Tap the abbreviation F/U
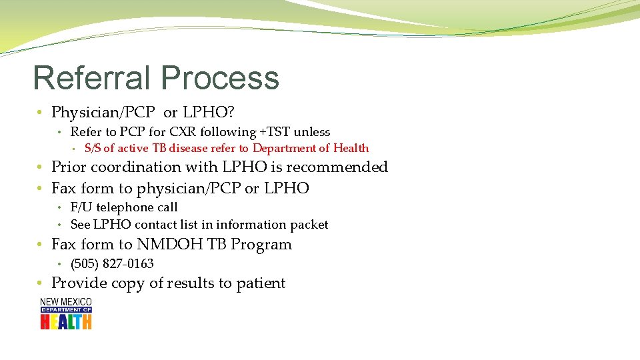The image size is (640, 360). (81, 207)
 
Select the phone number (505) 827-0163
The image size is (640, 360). (112, 263)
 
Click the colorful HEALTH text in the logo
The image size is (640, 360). (66, 321)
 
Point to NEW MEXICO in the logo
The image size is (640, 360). (66, 302)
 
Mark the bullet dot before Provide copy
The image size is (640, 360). (41, 283)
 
